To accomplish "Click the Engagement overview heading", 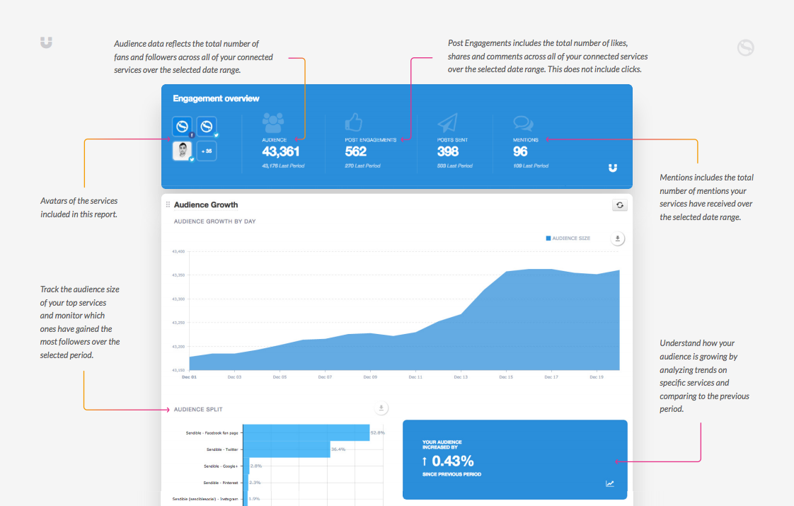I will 216,98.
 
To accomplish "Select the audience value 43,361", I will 281,151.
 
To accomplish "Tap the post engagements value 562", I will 356,151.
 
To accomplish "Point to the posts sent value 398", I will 447,151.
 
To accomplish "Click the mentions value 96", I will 520,151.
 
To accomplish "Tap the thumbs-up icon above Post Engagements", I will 354,123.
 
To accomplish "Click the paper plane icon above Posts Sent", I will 447,124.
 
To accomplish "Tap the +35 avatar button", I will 207,151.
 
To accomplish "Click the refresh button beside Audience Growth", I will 619,205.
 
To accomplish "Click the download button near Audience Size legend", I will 618,238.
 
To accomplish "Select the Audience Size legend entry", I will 568,238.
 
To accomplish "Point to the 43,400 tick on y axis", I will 178,251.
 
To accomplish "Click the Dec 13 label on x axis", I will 460,377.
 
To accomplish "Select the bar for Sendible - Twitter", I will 288,449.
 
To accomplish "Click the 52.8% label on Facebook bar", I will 377,432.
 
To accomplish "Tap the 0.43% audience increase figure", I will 452,461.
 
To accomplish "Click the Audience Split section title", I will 199,410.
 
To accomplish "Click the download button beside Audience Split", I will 381,408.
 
